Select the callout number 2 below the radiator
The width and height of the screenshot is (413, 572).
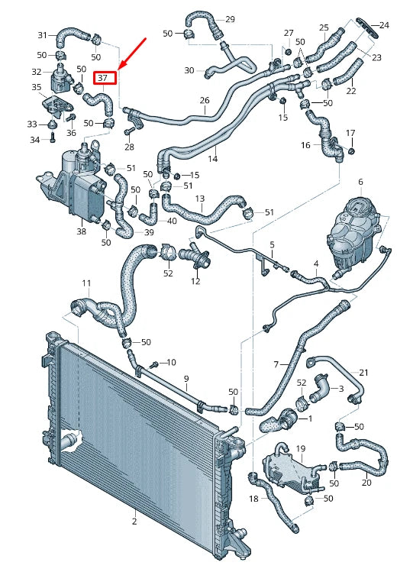point(134,522)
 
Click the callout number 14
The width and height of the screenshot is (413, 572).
point(213,159)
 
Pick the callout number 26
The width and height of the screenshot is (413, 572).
point(204,101)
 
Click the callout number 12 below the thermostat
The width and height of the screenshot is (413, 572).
point(195,282)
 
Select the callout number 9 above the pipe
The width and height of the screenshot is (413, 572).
point(185,379)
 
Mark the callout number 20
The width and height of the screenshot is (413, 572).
point(366,482)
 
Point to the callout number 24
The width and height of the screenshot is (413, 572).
point(384,25)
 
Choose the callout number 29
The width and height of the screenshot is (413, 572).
point(230,19)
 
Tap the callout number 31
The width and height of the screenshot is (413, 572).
point(43,34)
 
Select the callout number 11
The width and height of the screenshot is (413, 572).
point(86,283)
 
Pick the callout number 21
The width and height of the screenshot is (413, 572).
point(363,373)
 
